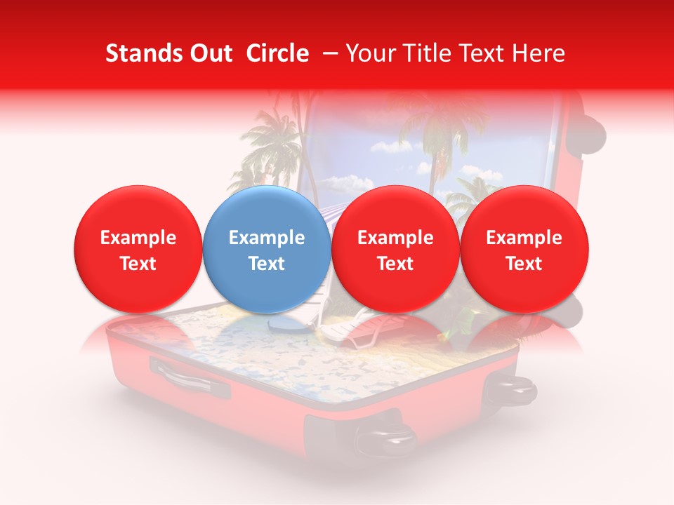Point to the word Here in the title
tap(540, 53)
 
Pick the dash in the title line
tap(328, 54)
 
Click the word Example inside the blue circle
tap(267, 238)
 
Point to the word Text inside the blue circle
tap(267, 264)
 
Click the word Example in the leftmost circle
tap(138, 238)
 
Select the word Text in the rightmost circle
tap(524, 264)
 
